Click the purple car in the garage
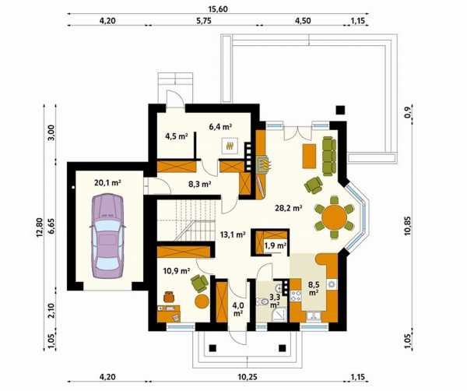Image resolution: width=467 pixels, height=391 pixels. coord(107,236)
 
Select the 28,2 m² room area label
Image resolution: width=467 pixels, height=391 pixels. coord(289,208)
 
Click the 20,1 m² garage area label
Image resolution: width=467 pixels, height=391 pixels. coord(107,183)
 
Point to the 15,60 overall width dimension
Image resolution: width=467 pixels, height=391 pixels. coord(218,9)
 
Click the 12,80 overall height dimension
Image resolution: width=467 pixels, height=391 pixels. coord(40,227)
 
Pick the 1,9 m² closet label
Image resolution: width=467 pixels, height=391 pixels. coord(276,246)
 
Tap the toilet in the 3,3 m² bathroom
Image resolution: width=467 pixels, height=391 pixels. coord(262,301)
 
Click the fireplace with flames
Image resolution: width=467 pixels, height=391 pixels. coord(264,164)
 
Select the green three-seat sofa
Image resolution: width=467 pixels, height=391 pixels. coord(328,156)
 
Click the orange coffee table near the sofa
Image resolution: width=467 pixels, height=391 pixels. coord(309,156)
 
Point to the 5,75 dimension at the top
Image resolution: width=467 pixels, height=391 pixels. coord(203,21)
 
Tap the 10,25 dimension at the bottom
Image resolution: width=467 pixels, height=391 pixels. coord(248,377)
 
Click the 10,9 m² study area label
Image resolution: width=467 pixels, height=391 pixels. coord(177,271)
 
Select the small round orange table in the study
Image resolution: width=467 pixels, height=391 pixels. coord(202,301)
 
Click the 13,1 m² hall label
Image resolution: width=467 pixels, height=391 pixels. coord(233,234)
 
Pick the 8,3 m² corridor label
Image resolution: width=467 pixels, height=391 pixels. coord(199,185)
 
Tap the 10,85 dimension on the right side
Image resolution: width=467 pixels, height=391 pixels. coord(407,226)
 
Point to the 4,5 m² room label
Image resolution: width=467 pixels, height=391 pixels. coord(177,136)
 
